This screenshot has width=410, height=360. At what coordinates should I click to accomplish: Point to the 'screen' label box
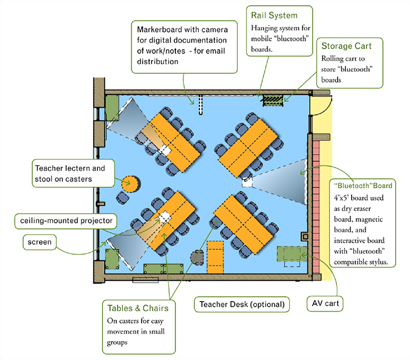click(39, 242)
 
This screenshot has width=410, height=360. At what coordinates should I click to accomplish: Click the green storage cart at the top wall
click(272, 99)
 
